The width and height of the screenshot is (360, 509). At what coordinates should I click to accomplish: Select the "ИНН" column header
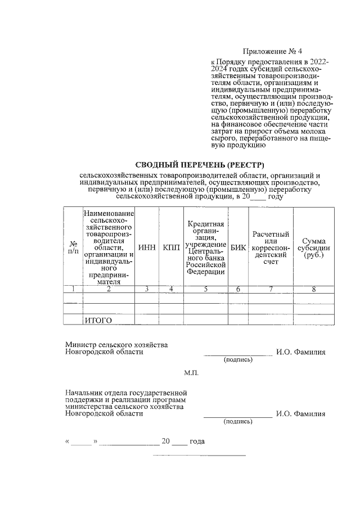tap(147, 248)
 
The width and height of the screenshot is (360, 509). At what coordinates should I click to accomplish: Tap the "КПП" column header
tap(171, 248)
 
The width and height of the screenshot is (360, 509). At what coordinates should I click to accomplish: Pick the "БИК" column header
tap(238, 248)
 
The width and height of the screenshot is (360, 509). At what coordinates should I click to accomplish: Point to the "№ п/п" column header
tap(73, 248)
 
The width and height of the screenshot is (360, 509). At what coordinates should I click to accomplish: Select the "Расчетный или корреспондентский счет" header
tap(271, 247)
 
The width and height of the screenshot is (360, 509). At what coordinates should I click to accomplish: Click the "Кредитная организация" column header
tap(206, 248)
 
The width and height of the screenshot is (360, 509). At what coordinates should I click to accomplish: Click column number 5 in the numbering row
tap(206, 289)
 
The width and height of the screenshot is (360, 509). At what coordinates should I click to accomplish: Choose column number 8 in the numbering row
tap(314, 289)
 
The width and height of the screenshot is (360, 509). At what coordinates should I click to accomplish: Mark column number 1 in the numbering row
tap(73, 289)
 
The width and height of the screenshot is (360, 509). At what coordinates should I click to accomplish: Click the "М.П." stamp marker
tap(191, 373)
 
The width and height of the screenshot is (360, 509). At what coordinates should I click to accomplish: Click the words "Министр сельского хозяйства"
tap(116, 345)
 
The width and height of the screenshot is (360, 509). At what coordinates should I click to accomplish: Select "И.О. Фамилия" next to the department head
tap(300, 413)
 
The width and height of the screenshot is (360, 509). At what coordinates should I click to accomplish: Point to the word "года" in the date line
tap(197, 442)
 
